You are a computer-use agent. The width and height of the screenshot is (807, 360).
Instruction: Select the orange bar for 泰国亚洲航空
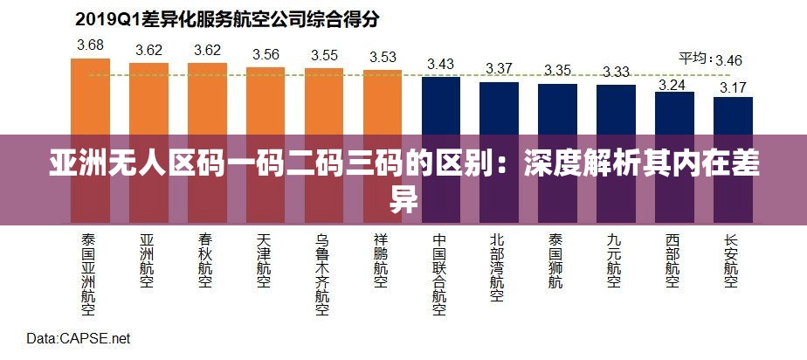click(90, 96)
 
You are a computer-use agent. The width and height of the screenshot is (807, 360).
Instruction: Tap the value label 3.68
click(90, 45)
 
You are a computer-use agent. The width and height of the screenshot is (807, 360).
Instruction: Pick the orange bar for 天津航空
click(265, 100)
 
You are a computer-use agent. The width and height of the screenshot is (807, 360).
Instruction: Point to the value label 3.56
click(265, 54)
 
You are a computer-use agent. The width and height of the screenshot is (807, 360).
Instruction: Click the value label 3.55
click(324, 55)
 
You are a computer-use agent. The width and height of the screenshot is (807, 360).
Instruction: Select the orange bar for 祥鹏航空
click(383, 102)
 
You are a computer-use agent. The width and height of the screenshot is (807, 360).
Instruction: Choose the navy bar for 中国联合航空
click(441, 105)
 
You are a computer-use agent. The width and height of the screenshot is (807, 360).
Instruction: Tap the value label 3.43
click(441, 65)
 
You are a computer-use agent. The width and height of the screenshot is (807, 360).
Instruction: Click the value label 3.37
click(500, 68)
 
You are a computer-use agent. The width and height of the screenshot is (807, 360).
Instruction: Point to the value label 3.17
click(733, 87)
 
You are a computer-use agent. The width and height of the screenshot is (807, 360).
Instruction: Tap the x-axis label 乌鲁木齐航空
click(322, 273)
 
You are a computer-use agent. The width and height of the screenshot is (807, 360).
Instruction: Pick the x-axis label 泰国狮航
click(556, 260)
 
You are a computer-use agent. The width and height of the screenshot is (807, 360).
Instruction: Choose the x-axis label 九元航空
click(615, 260)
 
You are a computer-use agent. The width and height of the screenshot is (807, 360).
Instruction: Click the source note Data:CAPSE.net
click(78, 338)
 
